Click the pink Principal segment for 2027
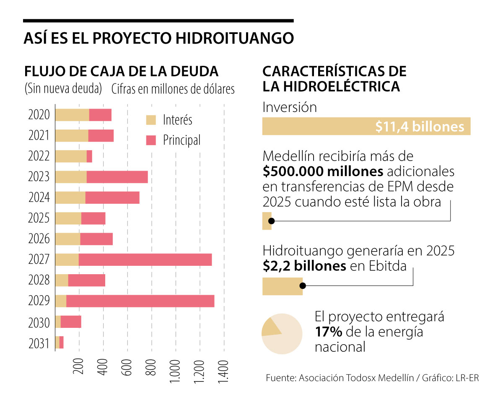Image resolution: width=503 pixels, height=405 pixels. pos(145,260)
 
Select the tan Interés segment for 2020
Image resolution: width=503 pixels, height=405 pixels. pos(72,115)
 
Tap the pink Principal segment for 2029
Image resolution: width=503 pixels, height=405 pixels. pos(140,301)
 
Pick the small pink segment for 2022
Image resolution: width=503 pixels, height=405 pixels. pos(89,156)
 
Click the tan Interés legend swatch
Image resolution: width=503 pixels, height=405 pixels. pos(151,120)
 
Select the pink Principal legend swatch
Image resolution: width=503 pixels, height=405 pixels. pos(151,140)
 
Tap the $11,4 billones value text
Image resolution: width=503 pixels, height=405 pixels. pos(420,127)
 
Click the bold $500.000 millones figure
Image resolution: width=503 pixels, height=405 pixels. pos(323,172)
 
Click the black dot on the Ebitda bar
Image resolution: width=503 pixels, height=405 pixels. pos(303,286)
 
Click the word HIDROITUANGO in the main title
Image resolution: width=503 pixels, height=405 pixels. pos(228,38)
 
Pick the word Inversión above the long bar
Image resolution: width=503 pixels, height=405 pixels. pos(290,107)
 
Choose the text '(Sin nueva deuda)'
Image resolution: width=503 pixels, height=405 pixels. pos(63,89)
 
